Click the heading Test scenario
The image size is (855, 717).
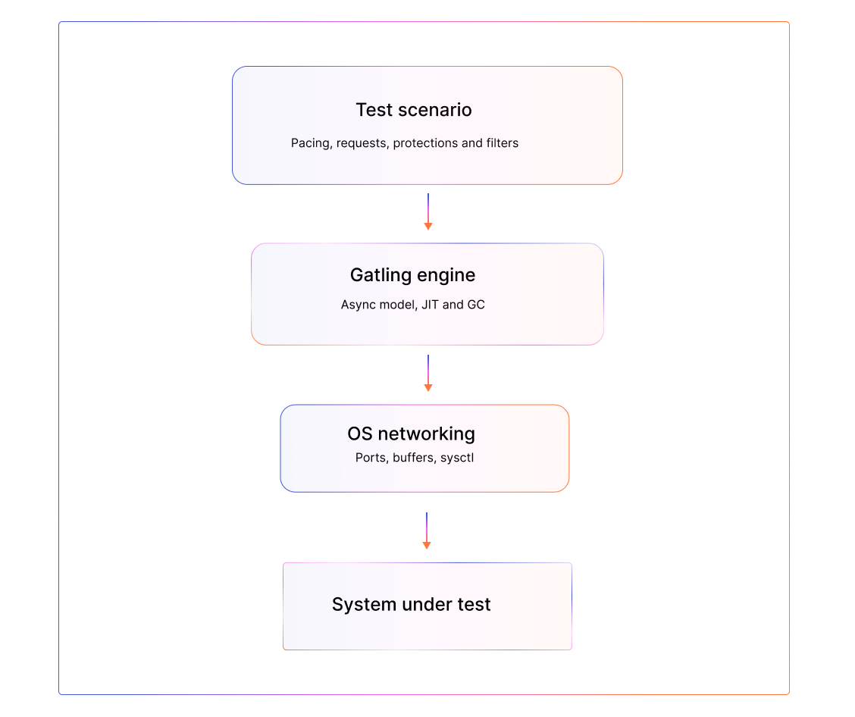tap(414, 110)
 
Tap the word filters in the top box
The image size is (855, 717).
tap(501, 143)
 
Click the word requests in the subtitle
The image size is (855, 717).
tap(362, 143)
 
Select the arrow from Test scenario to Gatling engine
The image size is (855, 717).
tap(428, 211)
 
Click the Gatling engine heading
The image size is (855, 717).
tap(413, 274)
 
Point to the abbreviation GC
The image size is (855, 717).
tap(476, 305)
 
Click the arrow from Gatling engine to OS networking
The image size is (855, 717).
tap(428, 373)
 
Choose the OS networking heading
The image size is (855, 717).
tap(412, 434)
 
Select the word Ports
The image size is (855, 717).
tap(371, 458)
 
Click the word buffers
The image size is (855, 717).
tap(414, 458)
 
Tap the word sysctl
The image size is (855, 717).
tap(457, 458)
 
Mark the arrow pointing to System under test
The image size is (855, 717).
tap(427, 531)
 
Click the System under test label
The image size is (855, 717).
tap(412, 605)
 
